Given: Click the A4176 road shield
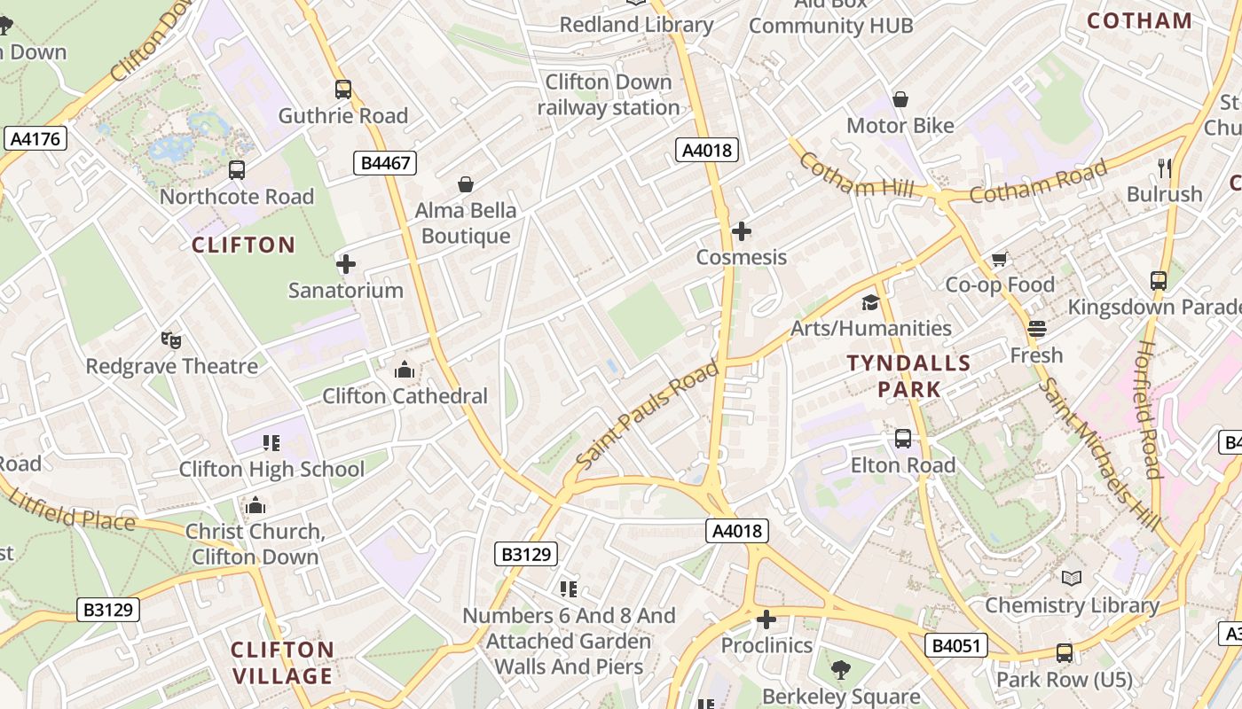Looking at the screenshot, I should tap(35, 138).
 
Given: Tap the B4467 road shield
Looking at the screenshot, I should tap(384, 162).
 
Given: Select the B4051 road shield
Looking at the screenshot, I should tap(956, 645).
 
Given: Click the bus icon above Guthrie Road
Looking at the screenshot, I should tap(343, 90).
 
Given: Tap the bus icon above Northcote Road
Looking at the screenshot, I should tap(237, 170).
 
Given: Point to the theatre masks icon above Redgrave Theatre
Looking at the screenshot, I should tap(171, 340).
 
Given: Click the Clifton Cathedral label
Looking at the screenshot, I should tap(405, 395).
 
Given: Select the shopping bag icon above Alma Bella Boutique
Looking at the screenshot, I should tap(466, 184).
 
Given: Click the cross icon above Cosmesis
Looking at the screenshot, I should tap(742, 232).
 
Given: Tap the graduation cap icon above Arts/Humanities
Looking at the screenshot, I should tap(870, 303).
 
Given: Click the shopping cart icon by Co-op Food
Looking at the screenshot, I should tap(1000, 260).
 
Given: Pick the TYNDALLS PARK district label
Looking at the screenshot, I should tap(909, 376).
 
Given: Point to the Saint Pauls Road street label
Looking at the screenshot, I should tap(647, 415).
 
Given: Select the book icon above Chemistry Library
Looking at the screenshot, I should tap(1072, 579).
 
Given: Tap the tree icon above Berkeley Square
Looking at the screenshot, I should tap(841, 671).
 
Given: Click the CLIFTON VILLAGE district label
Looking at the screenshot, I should tap(282, 662).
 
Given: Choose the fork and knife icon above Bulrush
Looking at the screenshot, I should tap(1165, 168).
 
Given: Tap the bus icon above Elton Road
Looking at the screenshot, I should tap(903, 439).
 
